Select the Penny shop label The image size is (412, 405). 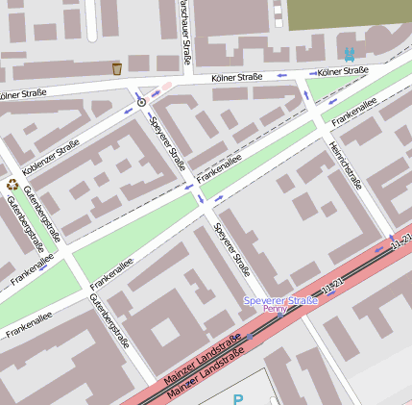pyautogui.click(x=274, y=310)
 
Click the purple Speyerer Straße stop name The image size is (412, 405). pyautogui.click(x=280, y=300)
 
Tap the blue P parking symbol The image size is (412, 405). pyautogui.click(x=237, y=398)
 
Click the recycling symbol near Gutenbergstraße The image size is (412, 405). pyautogui.click(x=12, y=185)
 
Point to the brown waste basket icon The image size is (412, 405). pyautogui.click(x=117, y=68)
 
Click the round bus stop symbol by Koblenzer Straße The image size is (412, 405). pyautogui.click(x=142, y=100)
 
